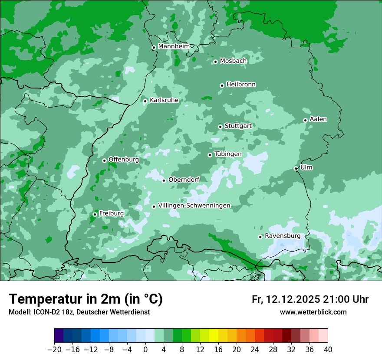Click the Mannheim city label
pos(174,46)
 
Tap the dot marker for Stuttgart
pos(220,127)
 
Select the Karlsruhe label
pos(164,100)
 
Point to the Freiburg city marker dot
pos(95,214)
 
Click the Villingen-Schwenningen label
pos(194,206)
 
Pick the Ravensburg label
pos(283,236)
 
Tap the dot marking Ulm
pos(296,168)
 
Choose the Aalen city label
pos(318,119)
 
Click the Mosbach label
pos(233,61)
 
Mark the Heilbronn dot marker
pos(222,85)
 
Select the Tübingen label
pos(228,154)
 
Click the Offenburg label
pos(124,160)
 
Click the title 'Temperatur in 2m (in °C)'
pos(86,299)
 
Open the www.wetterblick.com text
pos(313,312)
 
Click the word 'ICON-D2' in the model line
pos(43,312)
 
